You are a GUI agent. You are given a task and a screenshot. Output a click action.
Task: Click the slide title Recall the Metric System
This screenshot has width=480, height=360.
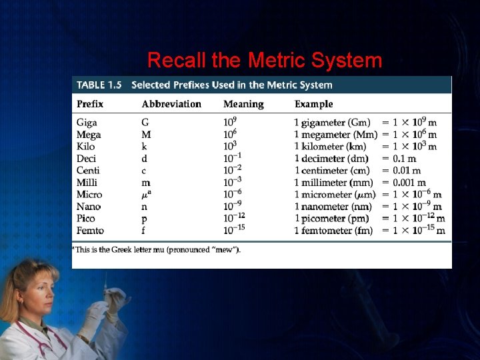265,61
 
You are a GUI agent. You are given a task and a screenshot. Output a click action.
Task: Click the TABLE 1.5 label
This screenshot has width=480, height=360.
99,85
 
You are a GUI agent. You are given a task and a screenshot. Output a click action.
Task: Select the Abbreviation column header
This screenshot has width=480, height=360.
171,104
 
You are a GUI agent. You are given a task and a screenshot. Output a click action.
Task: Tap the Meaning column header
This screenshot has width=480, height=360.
243,104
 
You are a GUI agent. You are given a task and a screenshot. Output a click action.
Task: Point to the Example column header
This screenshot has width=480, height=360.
313,104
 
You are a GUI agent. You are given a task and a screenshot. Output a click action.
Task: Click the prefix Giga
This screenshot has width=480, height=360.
87,123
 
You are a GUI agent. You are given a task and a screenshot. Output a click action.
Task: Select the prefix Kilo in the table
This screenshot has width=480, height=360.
86,147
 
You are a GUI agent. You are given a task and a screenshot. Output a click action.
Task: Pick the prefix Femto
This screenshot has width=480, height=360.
89,231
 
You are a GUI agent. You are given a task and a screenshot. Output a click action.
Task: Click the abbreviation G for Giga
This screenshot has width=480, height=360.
145,123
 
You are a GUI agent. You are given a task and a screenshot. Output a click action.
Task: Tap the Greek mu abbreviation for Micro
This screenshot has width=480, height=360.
145,195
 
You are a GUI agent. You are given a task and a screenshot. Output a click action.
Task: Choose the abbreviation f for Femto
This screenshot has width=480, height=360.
144,231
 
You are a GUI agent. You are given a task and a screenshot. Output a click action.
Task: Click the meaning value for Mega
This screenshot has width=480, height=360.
231,134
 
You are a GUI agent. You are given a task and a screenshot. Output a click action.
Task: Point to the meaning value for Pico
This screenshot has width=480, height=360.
234,218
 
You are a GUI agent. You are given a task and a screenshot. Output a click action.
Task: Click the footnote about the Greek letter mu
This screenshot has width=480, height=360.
157,250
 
